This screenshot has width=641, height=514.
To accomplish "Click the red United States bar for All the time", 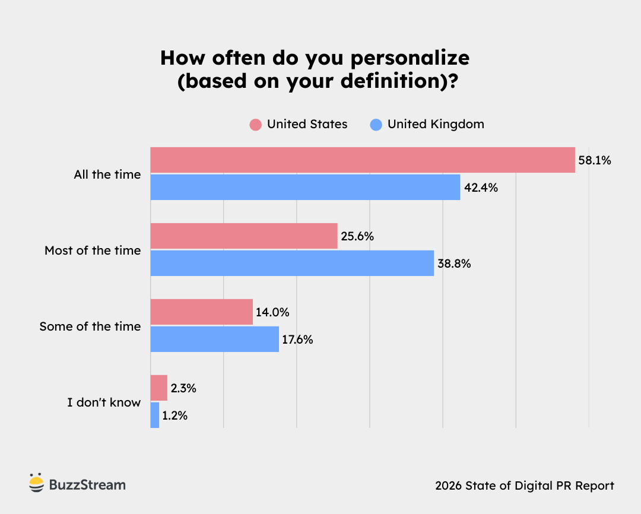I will click(362, 160).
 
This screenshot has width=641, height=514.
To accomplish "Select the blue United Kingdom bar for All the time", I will click(305, 187).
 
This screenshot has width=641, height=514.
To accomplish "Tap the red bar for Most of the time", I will click(243, 236).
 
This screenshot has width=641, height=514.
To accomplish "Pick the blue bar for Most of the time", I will click(292, 263).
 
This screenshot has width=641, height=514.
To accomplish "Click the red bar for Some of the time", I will click(201, 312).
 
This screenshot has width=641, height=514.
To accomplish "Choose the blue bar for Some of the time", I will click(214, 339).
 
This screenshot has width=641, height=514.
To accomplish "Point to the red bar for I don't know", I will click(158, 388).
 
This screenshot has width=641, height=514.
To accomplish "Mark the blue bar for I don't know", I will click(155, 415).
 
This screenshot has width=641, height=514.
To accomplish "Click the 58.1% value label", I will click(595, 160).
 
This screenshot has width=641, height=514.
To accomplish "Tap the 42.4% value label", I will click(481, 188).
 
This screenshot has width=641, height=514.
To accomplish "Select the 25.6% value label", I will click(357, 236).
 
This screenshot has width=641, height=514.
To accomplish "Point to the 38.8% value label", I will click(454, 264).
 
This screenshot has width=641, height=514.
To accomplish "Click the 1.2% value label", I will click(175, 415).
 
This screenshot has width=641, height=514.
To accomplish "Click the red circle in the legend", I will click(256, 125).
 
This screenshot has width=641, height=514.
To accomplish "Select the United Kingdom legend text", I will click(436, 124).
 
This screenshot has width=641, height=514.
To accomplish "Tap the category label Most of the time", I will click(93, 250).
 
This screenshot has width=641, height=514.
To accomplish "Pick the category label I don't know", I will click(104, 402).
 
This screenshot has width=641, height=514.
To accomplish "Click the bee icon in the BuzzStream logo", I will click(37, 484).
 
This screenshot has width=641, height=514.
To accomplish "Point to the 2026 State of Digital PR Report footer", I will click(524, 486).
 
